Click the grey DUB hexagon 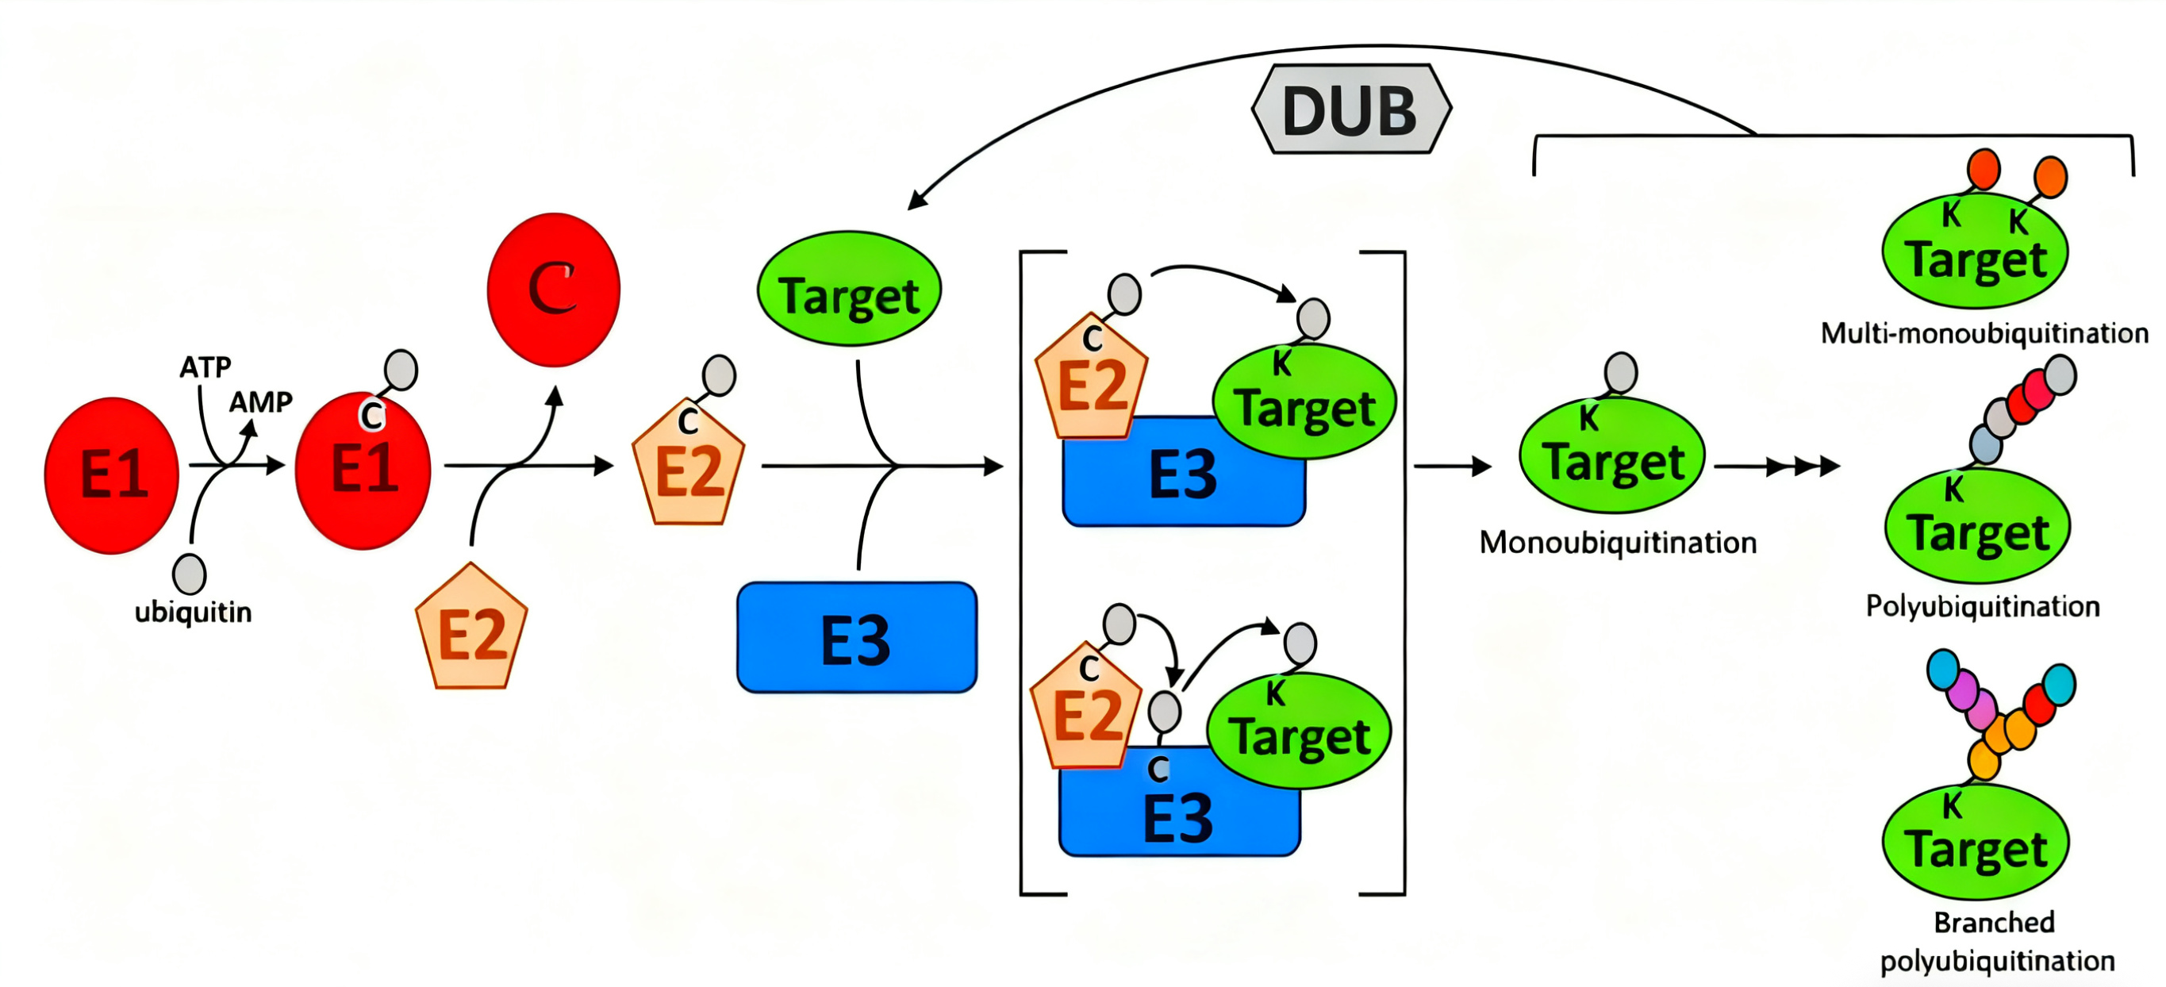[x=1351, y=109]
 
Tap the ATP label [x=205, y=367]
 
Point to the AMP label [x=261, y=402]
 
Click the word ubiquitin [x=194, y=612]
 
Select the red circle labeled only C [x=553, y=290]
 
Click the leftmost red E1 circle [x=112, y=475]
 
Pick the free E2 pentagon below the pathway [x=472, y=627]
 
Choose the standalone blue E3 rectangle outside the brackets [x=857, y=637]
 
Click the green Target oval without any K [x=849, y=288]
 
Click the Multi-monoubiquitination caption [x=1984, y=334]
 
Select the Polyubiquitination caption [x=1983, y=606]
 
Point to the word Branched [x=1995, y=922]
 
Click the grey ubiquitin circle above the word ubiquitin [x=189, y=574]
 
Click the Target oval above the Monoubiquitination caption [x=1612, y=455]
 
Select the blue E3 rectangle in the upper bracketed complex [x=1184, y=471]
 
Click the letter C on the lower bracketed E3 [x=1158, y=767]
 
